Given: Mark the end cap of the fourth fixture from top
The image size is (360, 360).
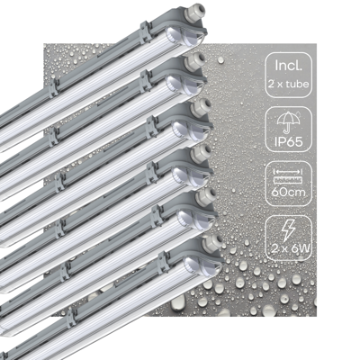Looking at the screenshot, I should [198, 171].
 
